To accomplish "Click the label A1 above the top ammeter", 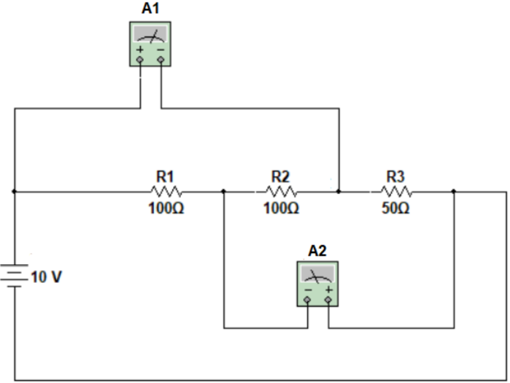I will (150, 9).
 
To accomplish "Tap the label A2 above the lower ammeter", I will (317, 250).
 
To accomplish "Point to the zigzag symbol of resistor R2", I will (281, 191).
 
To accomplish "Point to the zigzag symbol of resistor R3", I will (395, 191).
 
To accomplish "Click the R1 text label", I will (166, 176).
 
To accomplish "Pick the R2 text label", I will (281, 176).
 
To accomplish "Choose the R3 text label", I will (395, 176).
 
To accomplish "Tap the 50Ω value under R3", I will (395, 208).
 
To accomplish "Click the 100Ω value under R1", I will (166, 208).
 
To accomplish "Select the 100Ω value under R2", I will (281, 208).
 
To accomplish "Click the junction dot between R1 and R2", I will (223, 192).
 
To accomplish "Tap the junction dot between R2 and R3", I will (339, 192).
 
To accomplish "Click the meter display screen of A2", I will (318, 274).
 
